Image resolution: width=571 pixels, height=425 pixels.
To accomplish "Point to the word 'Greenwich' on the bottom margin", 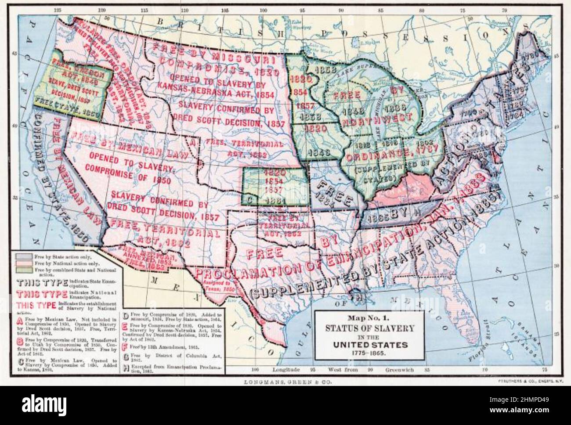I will coord(400,370).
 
